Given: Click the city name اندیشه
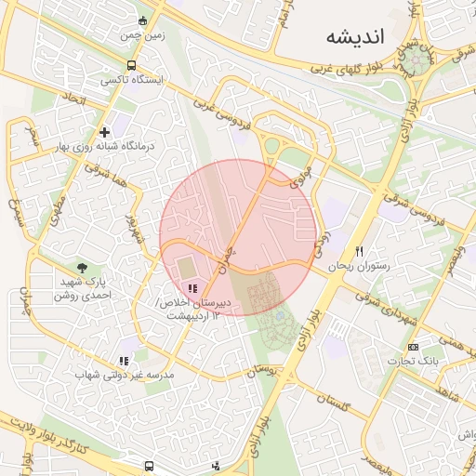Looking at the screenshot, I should pyautogui.click(x=355, y=36).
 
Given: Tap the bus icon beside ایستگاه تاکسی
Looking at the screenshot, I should pyautogui.click(x=132, y=66).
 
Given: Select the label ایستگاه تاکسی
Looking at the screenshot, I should pyautogui.click(x=132, y=81).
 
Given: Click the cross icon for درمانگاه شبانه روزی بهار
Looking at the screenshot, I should pyautogui.click(x=104, y=132).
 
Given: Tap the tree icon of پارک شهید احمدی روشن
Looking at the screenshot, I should pyautogui.click(x=82, y=268).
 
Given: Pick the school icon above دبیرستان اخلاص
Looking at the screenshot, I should pyautogui.click(x=192, y=289).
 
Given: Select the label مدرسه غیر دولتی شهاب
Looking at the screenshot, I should pyautogui.click(x=125, y=375).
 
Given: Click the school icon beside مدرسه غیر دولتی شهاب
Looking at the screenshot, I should pyautogui.click(x=124, y=361).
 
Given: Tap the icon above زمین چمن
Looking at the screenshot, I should pyautogui.click(x=141, y=20).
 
